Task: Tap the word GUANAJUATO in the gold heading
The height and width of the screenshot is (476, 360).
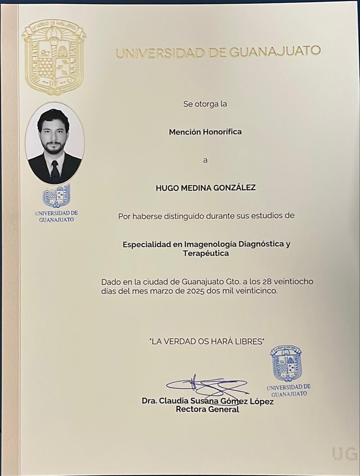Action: tap(275, 52)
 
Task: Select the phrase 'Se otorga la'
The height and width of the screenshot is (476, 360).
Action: tap(205, 104)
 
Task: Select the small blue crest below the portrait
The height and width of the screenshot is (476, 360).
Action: tap(56, 196)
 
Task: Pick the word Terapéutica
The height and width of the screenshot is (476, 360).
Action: tap(206, 254)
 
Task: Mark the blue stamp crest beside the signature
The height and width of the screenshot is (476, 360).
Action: tap(286, 363)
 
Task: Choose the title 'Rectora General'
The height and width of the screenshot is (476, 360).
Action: tap(207, 410)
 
